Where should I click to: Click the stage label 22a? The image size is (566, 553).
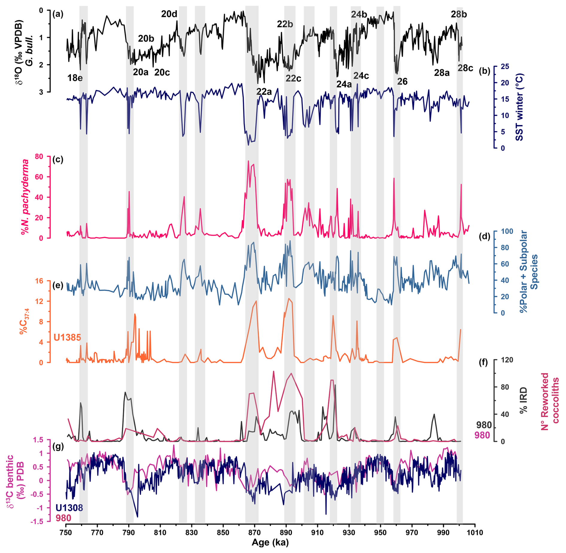point(264,91)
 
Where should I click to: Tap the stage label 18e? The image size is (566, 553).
point(75,78)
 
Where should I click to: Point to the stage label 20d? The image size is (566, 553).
point(169,14)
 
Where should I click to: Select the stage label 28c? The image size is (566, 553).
point(465,68)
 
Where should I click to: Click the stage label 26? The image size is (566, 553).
point(402,82)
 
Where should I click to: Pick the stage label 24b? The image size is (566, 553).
point(359,14)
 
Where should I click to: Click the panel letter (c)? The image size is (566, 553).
point(58,159)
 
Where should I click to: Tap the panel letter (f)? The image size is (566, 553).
point(483,363)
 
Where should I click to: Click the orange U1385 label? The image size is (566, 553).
point(67,337)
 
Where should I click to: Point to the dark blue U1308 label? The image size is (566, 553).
point(69,508)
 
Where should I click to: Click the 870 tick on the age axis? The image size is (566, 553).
point(254,532)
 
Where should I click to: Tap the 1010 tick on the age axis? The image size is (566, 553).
point(475,532)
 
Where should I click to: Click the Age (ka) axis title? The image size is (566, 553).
point(270,543)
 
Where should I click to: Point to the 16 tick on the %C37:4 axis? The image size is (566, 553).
point(39,281)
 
